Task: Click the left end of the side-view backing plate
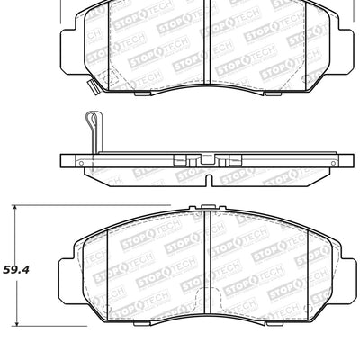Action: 64,161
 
